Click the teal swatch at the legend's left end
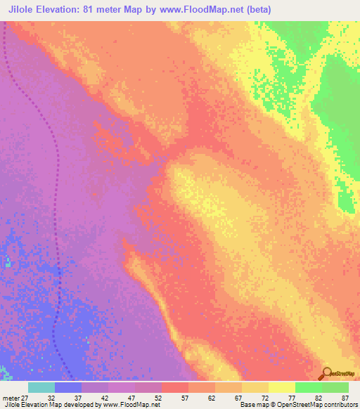click(x=41, y=387)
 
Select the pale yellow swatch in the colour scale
click(x=281, y=387)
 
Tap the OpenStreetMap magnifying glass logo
click(x=327, y=372)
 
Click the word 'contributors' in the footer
click(x=340, y=405)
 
